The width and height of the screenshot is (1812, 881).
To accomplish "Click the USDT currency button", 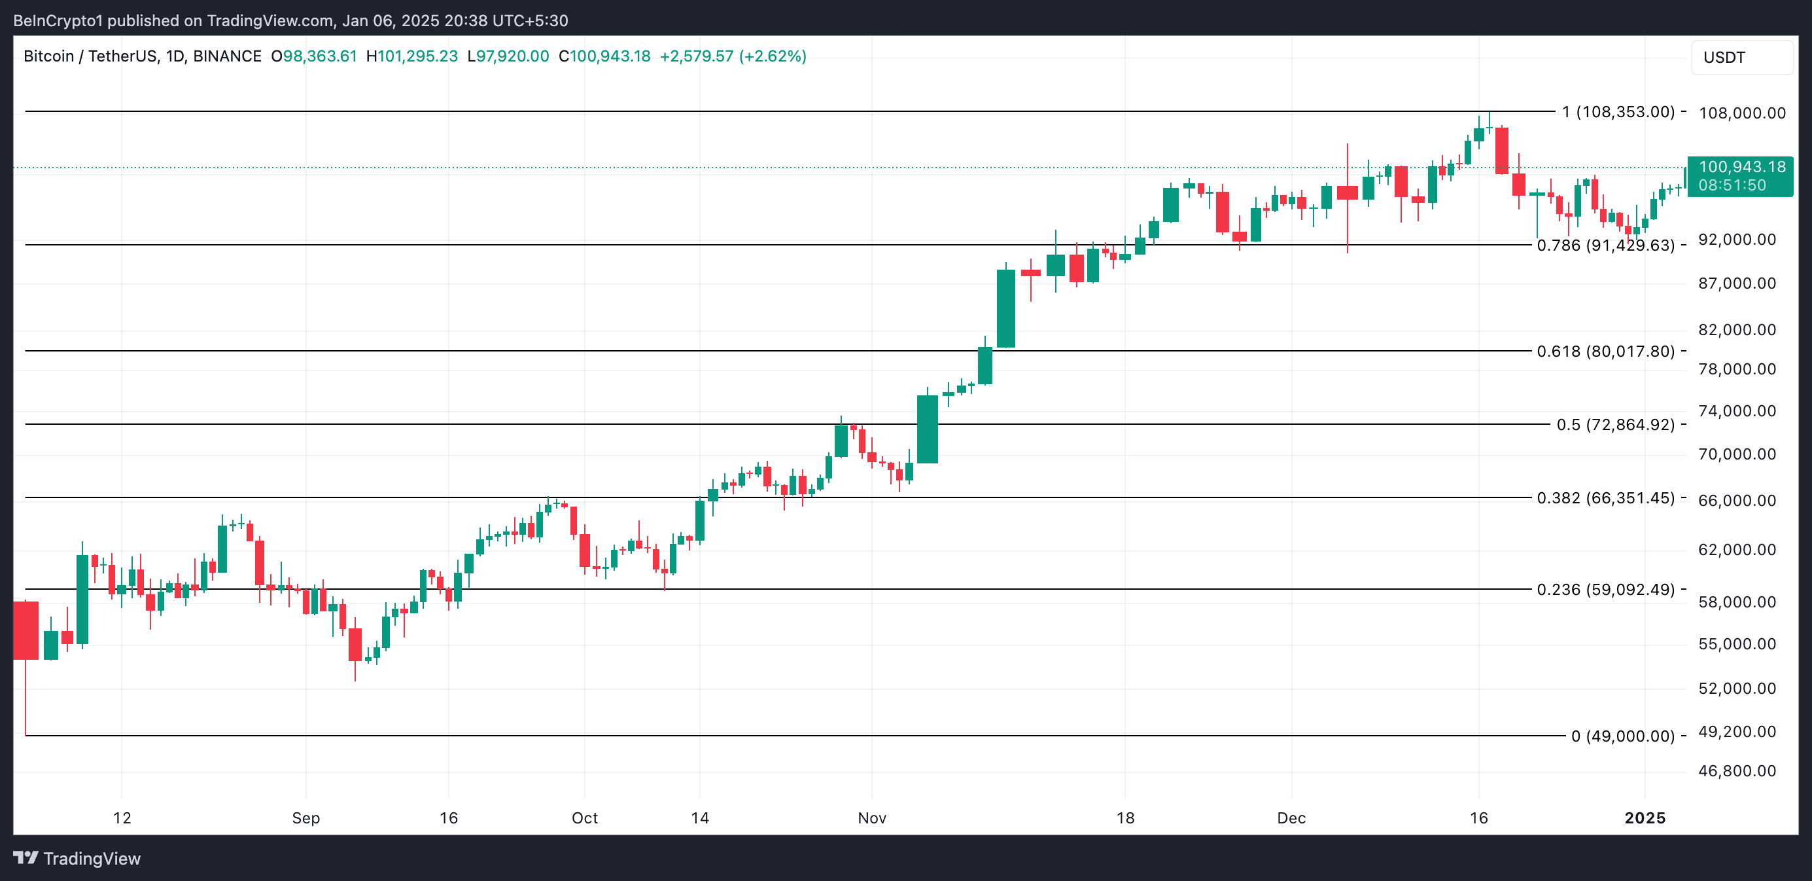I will click(1741, 58).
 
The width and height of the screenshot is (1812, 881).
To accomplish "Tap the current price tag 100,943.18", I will click(1740, 168).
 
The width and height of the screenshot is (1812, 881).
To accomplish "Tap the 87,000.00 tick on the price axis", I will click(1737, 283).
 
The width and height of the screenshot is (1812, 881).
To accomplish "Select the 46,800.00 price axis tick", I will click(1737, 771).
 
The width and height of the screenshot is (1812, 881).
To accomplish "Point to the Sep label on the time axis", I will click(306, 818).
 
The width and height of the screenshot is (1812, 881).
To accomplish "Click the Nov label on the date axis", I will click(871, 818).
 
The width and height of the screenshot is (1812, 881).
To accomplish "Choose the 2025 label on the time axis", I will click(1645, 818).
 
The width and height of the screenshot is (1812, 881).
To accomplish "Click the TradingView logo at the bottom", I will click(77, 859).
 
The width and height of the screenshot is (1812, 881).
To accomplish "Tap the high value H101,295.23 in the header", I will click(412, 56).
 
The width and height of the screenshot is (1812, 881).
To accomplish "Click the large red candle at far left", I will click(26, 630).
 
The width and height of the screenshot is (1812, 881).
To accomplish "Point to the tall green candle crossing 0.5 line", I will click(927, 429).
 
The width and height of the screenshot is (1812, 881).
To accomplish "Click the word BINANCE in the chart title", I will click(227, 56).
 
